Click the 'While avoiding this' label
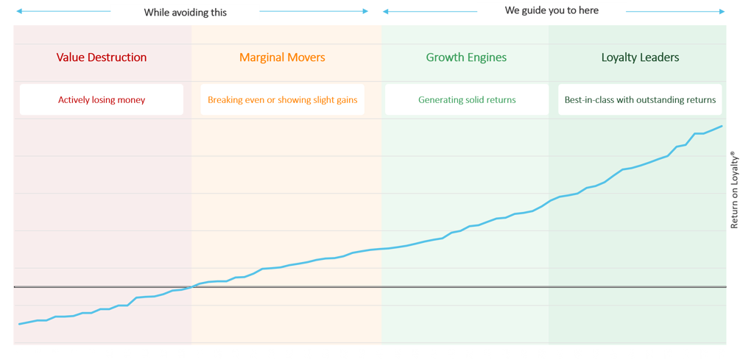(185, 13)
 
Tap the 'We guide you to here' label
(552, 10)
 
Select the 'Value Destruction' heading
(102, 57)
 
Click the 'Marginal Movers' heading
(282, 57)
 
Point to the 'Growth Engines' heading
(466, 57)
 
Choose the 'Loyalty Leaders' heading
(640, 57)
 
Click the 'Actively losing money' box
(102, 99)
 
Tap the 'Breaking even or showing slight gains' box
(282, 99)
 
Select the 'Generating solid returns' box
(467, 99)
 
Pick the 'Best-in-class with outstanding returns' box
(640, 99)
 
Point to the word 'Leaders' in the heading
(660, 57)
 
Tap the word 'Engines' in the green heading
(487, 57)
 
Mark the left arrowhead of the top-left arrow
(16, 11)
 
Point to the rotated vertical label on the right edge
(733, 190)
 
